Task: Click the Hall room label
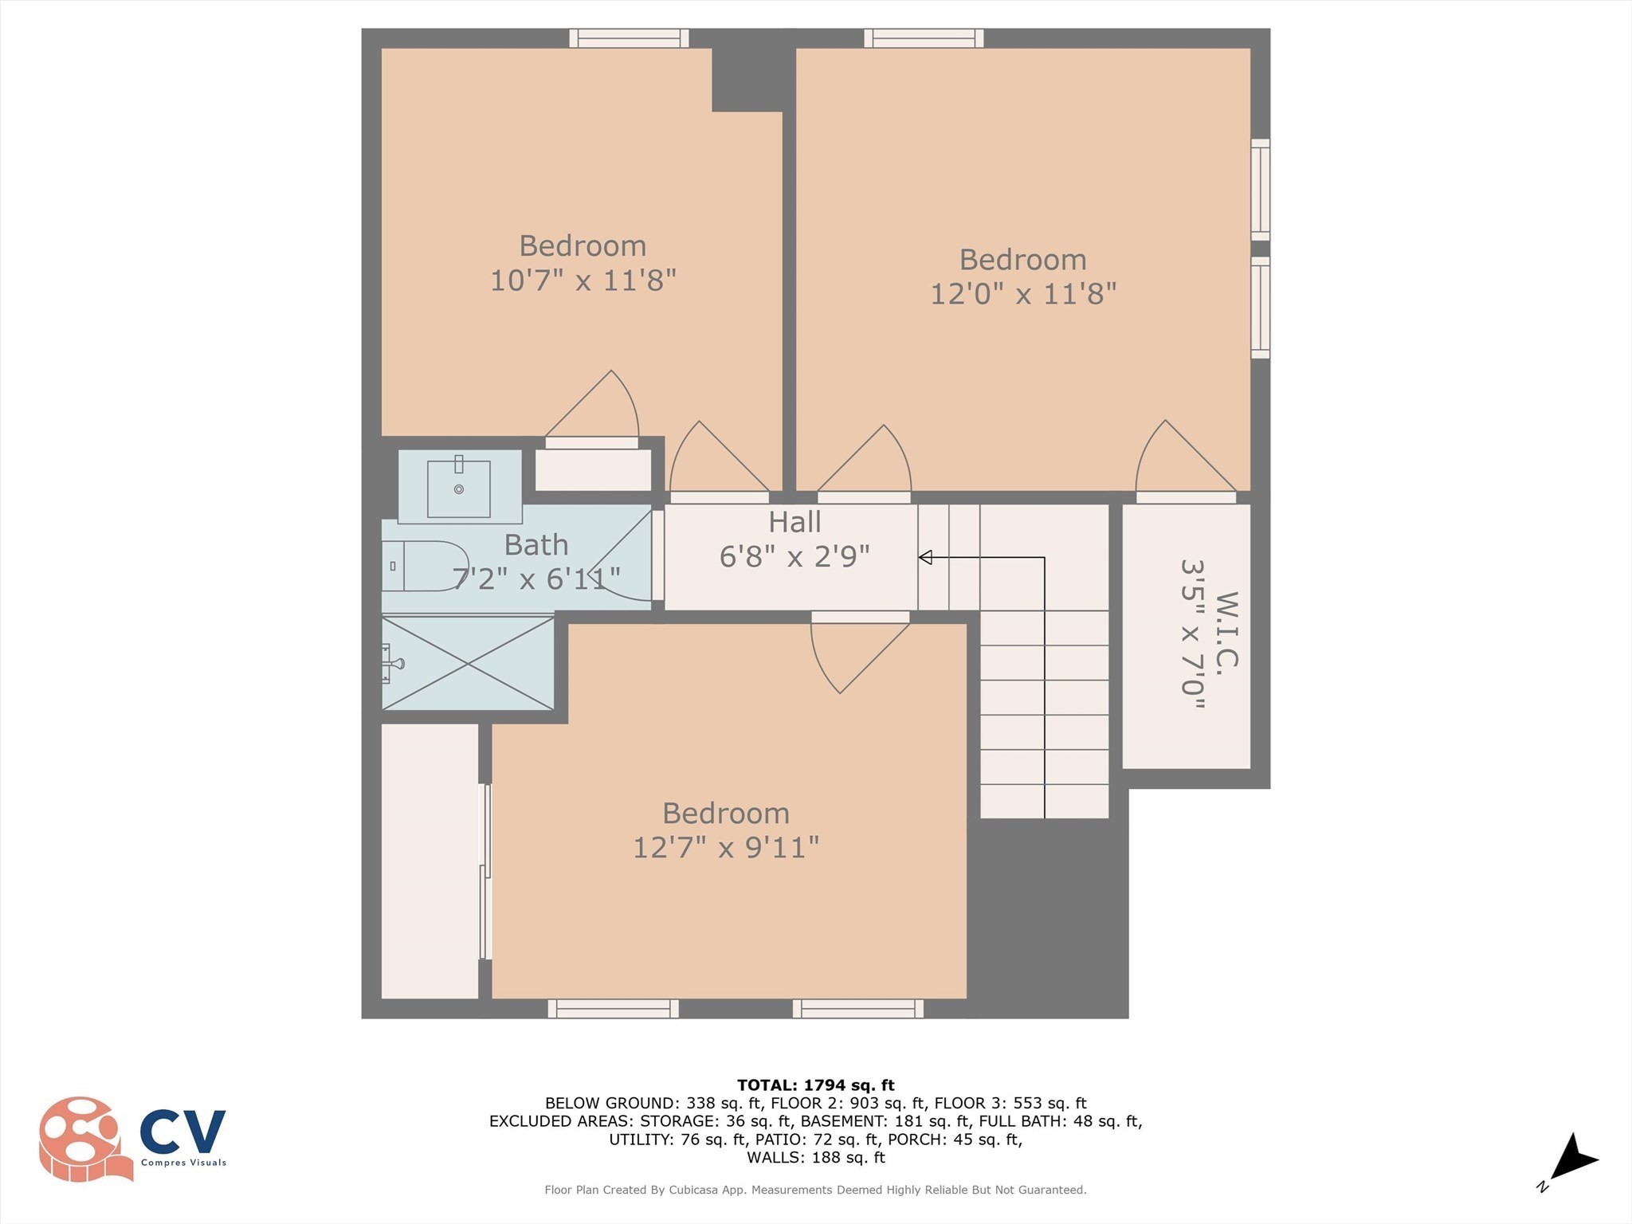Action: coord(794,523)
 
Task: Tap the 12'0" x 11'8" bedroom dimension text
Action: coord(1023,294)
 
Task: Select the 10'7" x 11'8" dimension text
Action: coord(583,280)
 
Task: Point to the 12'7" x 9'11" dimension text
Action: coord(725,847)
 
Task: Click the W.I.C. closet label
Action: coord(1226,630)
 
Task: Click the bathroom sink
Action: coord(459,488)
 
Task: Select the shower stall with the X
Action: coord(469,663)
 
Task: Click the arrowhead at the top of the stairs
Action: coord(925,557)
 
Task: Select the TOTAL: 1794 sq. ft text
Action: coord(815,1085)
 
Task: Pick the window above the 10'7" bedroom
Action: coord(629,37)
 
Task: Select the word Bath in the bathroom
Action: coord(536,545)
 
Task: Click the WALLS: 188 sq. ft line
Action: coord(815,1157)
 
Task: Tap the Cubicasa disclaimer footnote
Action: coord(815,1190)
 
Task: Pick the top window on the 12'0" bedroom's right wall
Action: coord(1260,190)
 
